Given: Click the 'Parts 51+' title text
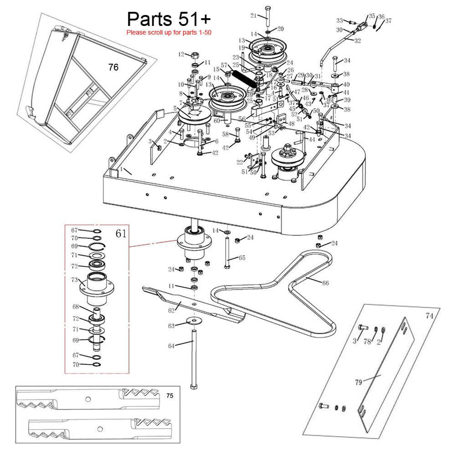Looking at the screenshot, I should tap(169, 19).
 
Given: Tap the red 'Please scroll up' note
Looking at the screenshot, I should tap(169, 32).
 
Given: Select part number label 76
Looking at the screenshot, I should tap(113, 67).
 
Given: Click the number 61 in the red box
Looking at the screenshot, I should tap(121, 234).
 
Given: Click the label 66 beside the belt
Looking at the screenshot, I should tap(325, 283).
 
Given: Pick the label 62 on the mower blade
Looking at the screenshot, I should tap(171, 311).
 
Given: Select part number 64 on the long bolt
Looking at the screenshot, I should tap(171, 346).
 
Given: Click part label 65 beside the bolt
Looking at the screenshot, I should tap(242, 258).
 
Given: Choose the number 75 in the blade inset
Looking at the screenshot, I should tap(170, 396).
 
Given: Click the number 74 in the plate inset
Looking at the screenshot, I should tap(429, 315).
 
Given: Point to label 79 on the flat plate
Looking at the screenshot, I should tap(358, 382).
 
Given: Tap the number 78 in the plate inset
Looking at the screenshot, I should tap(367, 342).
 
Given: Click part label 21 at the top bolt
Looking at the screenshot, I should tap(254, 15).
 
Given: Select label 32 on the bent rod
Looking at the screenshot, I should tap(358, 41).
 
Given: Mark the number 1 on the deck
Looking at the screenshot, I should tap(122, 169).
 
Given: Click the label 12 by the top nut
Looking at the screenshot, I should tap(181, 55).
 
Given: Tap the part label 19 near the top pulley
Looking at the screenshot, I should tap(242, 48).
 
